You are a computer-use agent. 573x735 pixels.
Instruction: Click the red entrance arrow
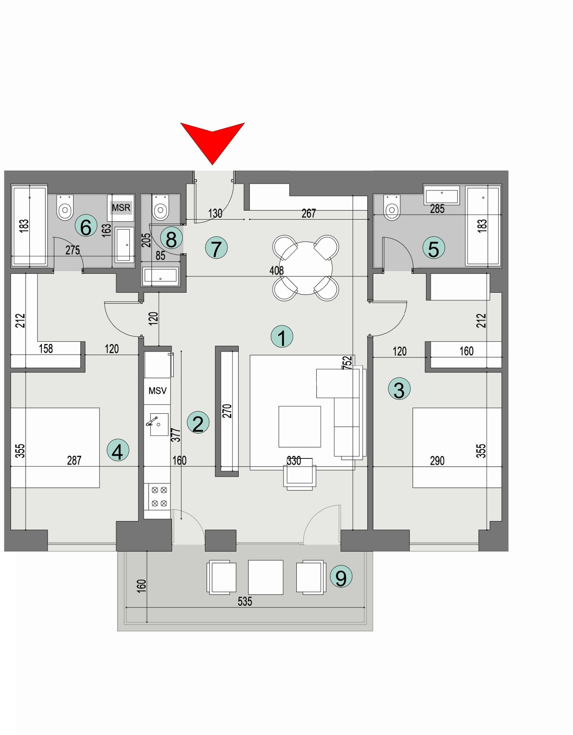(212, 139)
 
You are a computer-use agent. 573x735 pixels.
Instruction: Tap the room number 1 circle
(282, 336)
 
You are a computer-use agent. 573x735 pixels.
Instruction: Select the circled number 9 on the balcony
(341, 577)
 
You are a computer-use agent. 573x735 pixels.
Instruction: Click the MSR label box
(121, 207)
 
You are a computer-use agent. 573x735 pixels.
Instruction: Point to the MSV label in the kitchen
(157, 391)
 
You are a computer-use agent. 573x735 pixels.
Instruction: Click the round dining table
(306, 268)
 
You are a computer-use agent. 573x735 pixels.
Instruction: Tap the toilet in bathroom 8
(160, 209)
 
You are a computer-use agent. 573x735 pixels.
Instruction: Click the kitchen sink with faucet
(158, 424)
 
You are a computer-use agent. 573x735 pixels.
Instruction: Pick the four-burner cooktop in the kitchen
(159, 496)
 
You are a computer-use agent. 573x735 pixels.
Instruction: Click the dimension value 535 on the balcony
(245, 601)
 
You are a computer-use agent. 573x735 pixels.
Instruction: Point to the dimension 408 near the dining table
(276, 270)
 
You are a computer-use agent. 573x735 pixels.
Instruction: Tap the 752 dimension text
(347, 362)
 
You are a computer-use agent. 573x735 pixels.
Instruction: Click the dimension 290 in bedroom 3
(437, 461)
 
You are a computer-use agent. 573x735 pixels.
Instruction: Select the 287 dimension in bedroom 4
(74, 460)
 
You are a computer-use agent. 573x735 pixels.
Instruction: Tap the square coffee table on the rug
(299, 426)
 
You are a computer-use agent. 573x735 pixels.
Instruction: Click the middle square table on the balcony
(265, 577)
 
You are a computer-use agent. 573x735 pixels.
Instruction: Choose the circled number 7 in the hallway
(216, 248)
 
